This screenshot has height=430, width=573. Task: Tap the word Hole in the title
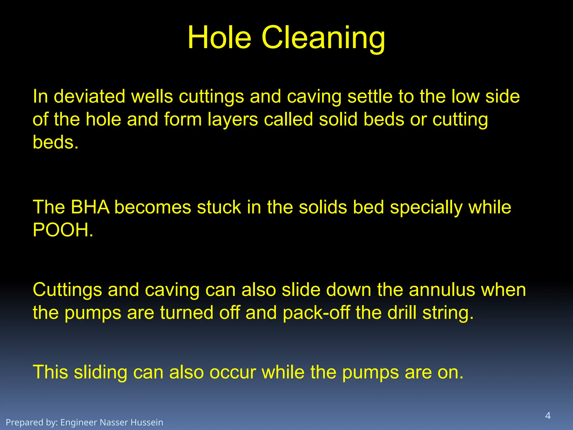click(219, 38)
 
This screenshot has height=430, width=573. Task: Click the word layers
click(233, 120)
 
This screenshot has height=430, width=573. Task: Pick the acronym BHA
click(90, 207)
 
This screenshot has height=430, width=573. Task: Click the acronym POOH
click(63, 230)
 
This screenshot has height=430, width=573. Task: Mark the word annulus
click(442, 290)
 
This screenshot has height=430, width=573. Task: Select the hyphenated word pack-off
click(316, 313)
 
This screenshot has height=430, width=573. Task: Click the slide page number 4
click(548, 415)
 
